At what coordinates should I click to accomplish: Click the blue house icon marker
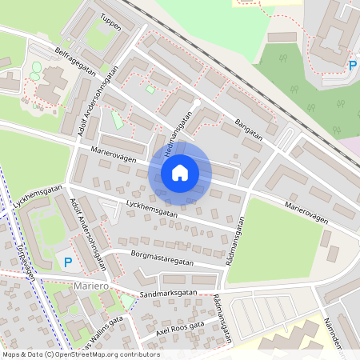pos(180,172)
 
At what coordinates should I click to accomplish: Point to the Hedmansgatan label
pos(178,134)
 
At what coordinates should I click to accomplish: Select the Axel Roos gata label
pos(180,329)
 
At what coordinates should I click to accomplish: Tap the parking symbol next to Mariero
pos(68,262)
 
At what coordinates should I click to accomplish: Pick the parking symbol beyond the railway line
pos(353,66)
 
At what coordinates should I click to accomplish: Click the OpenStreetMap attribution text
pos(80,354)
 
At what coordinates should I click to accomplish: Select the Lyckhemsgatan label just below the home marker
pos(152,212)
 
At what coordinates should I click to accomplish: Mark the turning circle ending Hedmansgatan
pos(196,104)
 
